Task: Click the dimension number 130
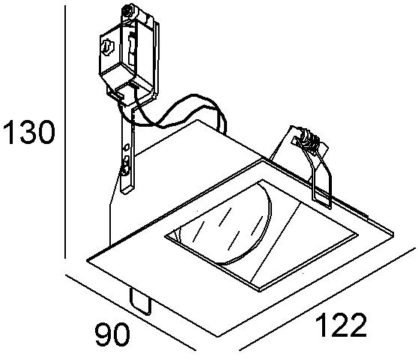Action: (28, 132)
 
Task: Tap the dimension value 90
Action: (112, 334)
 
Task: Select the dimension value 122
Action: (341, 325)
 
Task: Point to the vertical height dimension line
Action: (65, 132)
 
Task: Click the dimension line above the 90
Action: (130, 313)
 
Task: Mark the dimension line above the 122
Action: (327, 299)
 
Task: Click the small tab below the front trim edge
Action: (141, 301)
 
